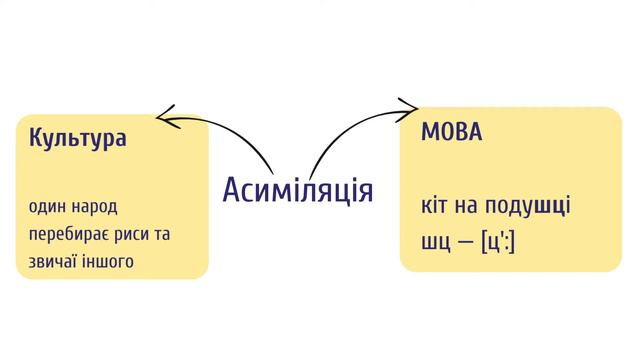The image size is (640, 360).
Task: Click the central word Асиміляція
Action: pos(297,189)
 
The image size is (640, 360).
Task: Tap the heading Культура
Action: pos(78,138)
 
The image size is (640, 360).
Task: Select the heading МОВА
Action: pos(450,132)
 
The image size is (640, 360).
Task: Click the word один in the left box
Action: pos(46,207)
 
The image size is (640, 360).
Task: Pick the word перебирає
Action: pos(72,234)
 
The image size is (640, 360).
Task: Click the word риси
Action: pos(142,234)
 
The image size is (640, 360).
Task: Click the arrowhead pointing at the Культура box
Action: pos(162,118)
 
